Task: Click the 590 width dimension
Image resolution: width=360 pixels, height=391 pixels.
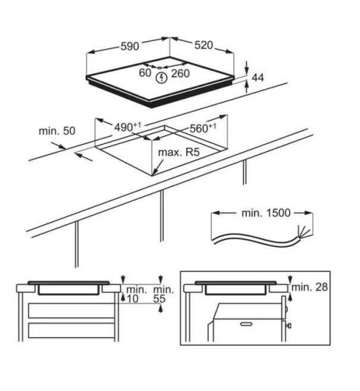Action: click(x=130, y=47)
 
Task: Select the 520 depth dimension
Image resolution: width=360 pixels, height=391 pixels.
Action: click(x=203, y=45)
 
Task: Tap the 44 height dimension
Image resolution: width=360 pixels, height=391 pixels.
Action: click(x=258, y=77)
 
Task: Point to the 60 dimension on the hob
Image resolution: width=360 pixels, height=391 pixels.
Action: click(x=145, y=73)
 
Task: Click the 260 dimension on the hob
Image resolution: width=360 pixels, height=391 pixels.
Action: click(x=181, y=73)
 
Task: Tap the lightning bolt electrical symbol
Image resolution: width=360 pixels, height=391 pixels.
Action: click(x=161, y=78)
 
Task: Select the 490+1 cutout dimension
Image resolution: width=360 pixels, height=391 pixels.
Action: click(x=128, y=127)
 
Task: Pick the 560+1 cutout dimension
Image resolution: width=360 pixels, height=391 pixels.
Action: click(x=203, y=128)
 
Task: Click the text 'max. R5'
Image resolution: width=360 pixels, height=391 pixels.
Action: click(x=178, y=152)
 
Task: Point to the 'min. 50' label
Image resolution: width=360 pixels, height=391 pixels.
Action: click(x=57, y=131)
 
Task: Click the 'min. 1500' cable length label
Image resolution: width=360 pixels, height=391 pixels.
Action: click(x=266, y=213)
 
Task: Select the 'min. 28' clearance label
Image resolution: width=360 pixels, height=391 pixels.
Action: click(x=309, y=287)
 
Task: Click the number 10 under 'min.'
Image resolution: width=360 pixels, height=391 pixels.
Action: click(x=132, y=299)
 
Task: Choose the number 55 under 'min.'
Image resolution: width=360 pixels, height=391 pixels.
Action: click(x=159, y=299)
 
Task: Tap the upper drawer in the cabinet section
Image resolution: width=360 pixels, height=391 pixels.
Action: click(x=72, y=310)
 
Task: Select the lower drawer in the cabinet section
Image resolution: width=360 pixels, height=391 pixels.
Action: click(x=72, y=330)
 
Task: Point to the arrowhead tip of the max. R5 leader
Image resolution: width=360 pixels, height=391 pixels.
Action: click(x=153, y=174)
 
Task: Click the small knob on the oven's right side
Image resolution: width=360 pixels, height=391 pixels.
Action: click(x=289, y=326)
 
